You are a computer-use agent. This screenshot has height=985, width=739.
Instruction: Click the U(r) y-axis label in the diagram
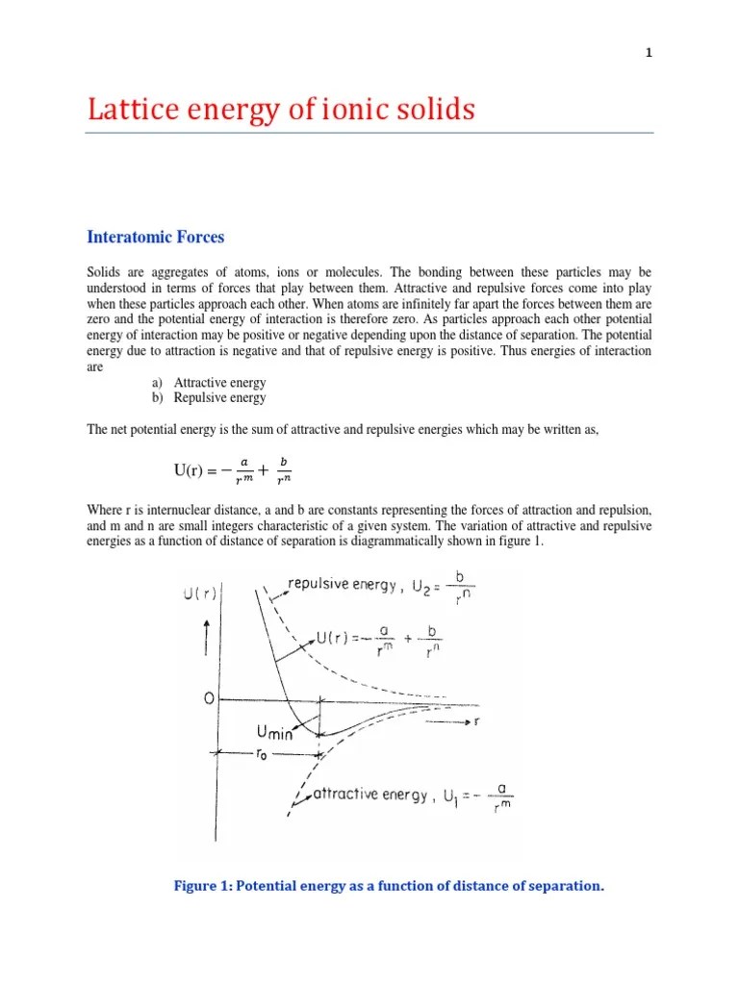(x=199, y=595)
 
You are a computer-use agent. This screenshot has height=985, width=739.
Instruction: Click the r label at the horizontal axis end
(x=477, y=721)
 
